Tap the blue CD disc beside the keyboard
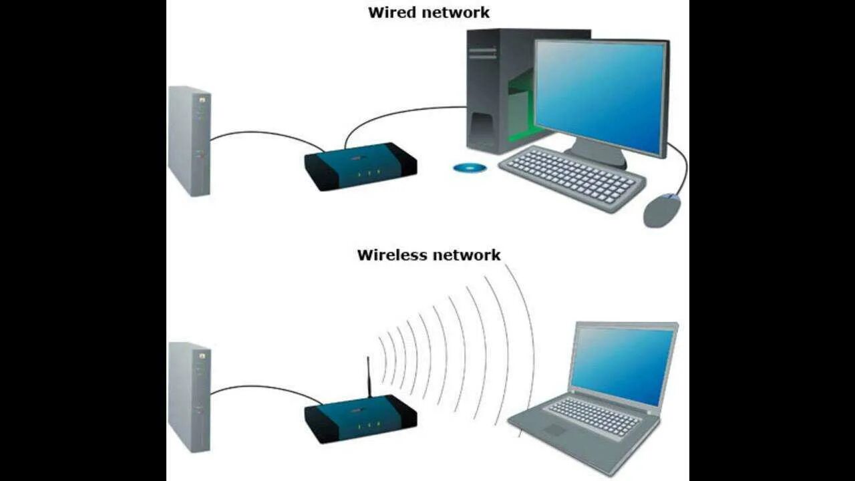(470, 168)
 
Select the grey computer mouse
(661, 210)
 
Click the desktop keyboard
(572, 177)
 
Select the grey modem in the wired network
(189, 140)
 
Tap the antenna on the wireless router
(368, 377)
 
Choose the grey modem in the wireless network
(189, 397)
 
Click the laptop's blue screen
(621, 364)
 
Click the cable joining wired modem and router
(267, 133)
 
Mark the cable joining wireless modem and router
(267, 387)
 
